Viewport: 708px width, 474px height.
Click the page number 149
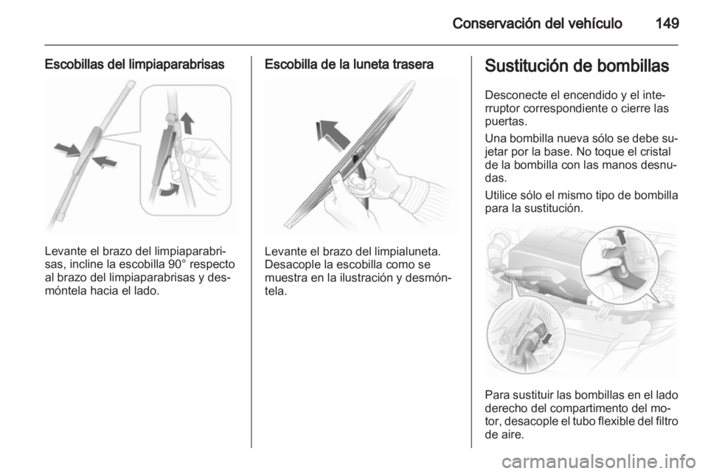[x=667, y=23]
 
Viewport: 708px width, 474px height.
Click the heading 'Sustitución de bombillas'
[x=577, y=66]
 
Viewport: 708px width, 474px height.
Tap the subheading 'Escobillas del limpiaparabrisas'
[x=134, y=65]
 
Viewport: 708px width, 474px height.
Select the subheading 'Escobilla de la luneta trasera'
[x=349, y=65]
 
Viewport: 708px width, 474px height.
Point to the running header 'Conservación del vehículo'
[x=537, y=23]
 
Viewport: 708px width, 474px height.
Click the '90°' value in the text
[x=174, y=264]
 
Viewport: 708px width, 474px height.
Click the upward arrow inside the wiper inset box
[x=187, y=123]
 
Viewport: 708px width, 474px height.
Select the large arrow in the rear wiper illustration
[x=333, y=134]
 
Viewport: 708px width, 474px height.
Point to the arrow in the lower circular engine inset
[x=546, y=337]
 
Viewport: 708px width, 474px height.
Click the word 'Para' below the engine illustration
[x=496, y=396]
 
